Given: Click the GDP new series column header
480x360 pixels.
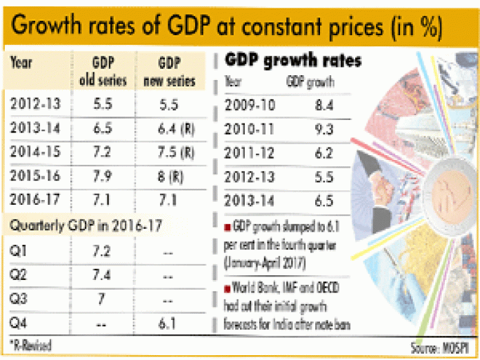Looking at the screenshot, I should pyautogui.click(x=177, y=72).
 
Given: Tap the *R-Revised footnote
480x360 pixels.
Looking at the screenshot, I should pyautogui.click(x=30, y=343).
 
